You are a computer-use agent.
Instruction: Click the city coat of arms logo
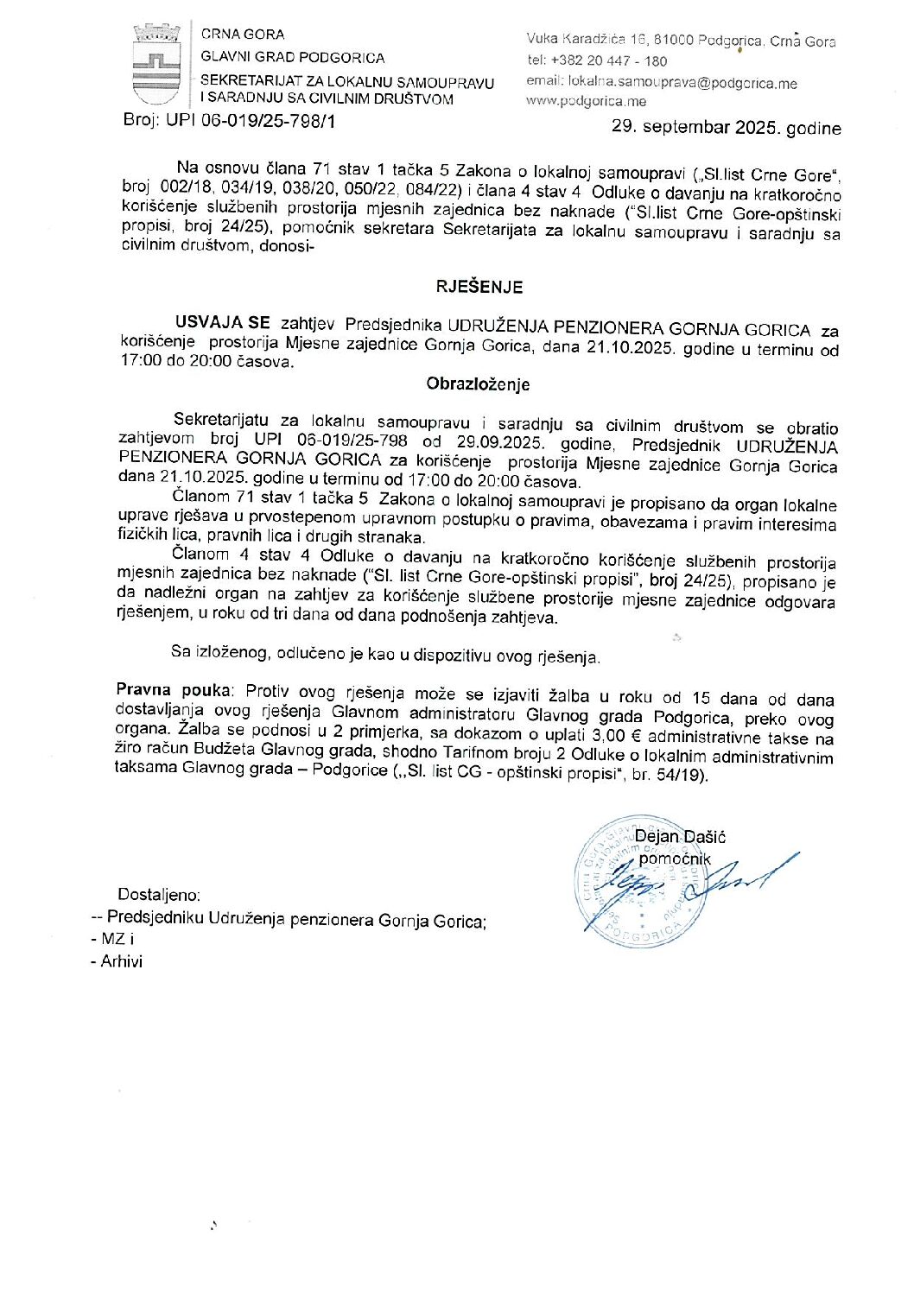tap(156, 64)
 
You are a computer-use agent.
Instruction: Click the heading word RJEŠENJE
tap(479, 287)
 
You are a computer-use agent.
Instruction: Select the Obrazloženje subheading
tap(478, 384)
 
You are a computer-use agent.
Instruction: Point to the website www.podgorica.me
tap(586, 101)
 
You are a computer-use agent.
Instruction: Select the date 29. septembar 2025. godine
tap(726, 128)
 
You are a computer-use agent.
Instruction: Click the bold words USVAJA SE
tap(222, 323)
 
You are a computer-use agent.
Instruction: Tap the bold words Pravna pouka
tap(174, 690)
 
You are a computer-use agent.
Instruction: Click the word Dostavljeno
tap(159, 896)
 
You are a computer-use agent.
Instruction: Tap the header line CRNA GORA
tap(243, 35)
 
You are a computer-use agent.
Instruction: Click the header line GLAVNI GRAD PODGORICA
tap(293, 58)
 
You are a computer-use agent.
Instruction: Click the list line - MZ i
tap(111, 939)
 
